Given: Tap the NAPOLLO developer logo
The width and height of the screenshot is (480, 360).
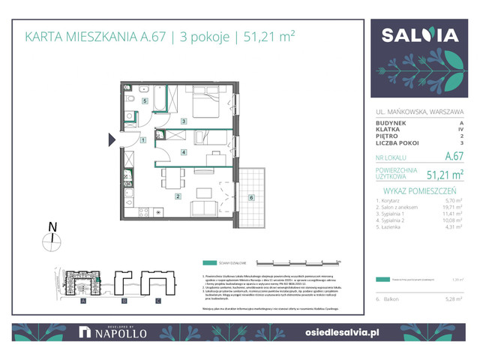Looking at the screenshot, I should (109, 332).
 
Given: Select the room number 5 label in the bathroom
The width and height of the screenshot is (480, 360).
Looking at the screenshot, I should (145, 100).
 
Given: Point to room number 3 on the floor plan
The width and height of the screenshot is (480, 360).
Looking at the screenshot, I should (184, 121).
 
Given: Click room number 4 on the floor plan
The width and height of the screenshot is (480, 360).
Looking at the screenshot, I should (184, 152).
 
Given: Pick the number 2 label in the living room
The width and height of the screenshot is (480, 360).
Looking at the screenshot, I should (178, 196).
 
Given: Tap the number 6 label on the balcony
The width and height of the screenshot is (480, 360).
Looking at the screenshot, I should (251, 197).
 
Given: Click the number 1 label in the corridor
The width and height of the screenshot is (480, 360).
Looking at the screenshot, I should (142, 140).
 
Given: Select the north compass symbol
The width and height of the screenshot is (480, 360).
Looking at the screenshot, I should (52, 240).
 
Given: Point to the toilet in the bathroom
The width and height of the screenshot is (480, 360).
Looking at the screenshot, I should (130, 99).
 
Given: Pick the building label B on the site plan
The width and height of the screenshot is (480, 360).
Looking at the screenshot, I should (121, 301).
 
